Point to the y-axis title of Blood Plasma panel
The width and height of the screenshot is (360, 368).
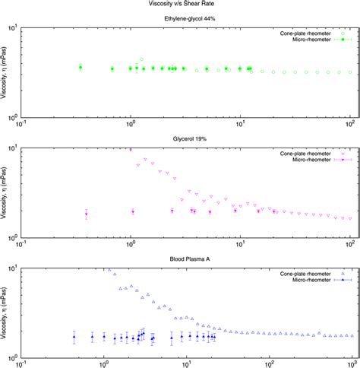tap(5, 312)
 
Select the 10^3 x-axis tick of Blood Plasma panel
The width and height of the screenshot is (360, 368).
tap(350, 363)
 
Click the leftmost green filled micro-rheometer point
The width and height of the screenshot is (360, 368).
tap(80, 68)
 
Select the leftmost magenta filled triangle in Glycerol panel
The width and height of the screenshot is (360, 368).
tap(86, 214)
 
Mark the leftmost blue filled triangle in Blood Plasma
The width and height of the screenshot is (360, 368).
tap(74, 336)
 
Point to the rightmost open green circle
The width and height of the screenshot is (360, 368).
tap(349, 72)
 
